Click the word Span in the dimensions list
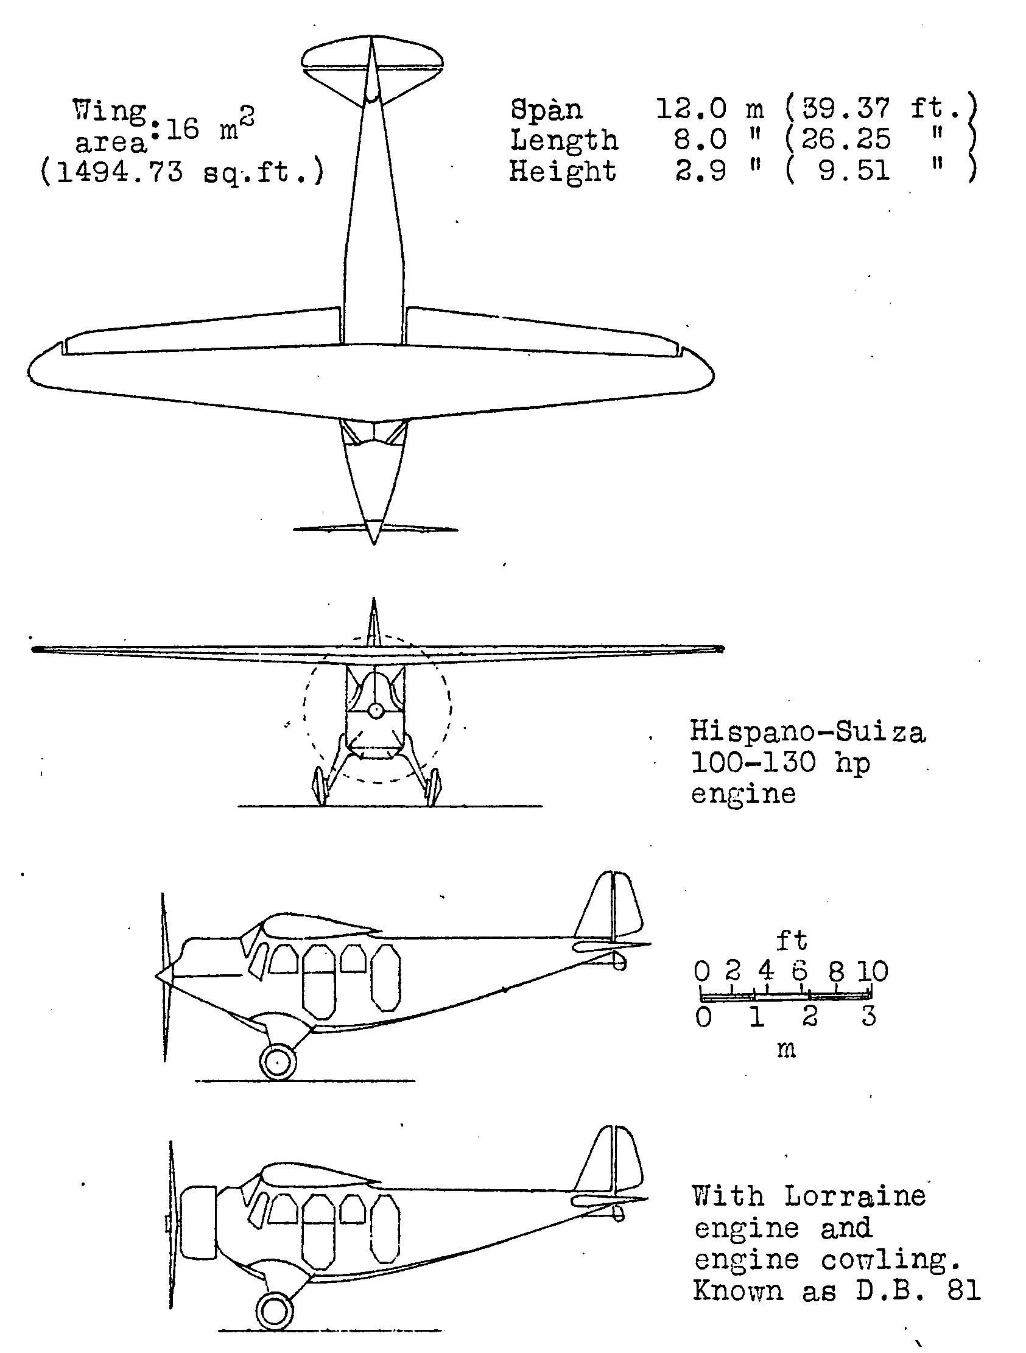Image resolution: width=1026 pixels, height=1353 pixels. pos(546,110)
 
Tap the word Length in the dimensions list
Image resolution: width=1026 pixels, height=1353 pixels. pos(563,141)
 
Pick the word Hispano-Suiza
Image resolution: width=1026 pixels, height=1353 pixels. pos(807,731)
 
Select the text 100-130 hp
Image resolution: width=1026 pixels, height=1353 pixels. pos(780,763)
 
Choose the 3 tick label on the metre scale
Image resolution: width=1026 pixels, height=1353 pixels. pos(869,1017)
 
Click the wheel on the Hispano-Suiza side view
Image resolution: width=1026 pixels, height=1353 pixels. pos(278,1062)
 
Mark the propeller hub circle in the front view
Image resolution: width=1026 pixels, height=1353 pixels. pos(376,711)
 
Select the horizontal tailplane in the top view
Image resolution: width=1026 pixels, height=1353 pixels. pos(373,60)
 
